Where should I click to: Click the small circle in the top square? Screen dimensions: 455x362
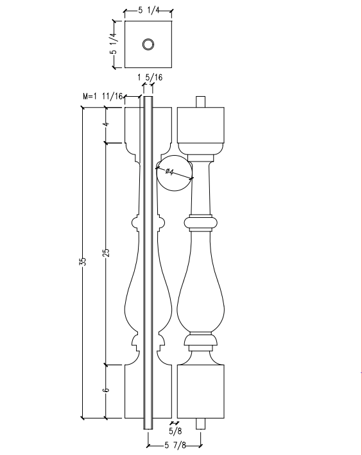pos(148,44)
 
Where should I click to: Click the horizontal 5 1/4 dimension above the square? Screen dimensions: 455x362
pos(149,11)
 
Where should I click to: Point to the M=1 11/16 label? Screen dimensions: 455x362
pos(103,96)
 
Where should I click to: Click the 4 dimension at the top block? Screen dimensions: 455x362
pos(107,124)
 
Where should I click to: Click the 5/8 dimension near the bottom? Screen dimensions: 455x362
pos(174,431)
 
